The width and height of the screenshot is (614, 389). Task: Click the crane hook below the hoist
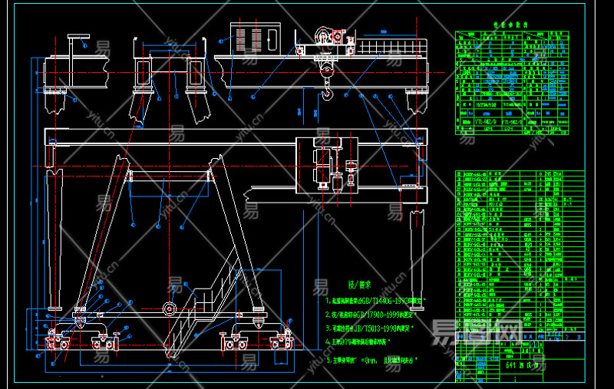tap(329, 94)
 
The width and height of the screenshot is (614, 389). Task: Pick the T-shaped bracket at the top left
tap(78, 40)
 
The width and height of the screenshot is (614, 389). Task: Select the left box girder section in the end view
tap(143, 74)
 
